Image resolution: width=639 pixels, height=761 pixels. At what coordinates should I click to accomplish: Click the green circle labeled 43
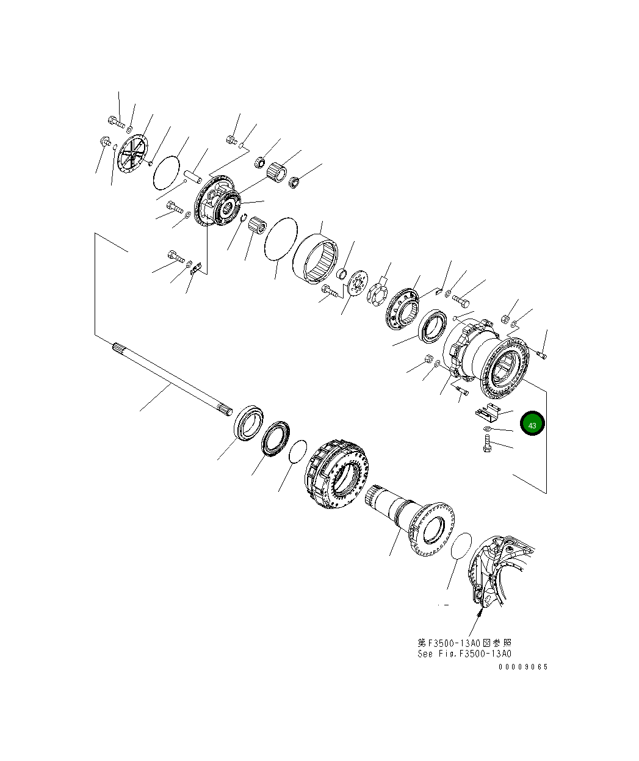(532, 423)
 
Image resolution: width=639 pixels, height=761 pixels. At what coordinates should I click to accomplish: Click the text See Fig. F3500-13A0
(464, 654)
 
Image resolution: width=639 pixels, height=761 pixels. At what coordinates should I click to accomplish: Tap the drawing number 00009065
(523, 666)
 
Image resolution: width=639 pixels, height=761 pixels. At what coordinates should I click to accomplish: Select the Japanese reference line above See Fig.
(464, 643)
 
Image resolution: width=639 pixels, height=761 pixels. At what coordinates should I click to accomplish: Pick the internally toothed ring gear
(316, 259)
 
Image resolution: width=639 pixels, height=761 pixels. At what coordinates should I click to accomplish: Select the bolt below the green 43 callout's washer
(487, 443)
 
